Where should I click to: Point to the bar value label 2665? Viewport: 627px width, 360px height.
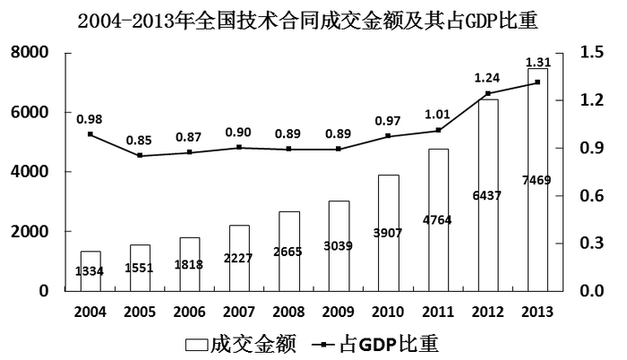click(289, 252)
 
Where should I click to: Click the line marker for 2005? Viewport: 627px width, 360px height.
click(141, 156)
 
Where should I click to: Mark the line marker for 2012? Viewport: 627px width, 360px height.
click(487, 93)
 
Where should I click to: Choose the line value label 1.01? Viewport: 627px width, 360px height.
click(437, 115)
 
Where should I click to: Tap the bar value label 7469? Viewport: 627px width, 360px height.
click(537, 180)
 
